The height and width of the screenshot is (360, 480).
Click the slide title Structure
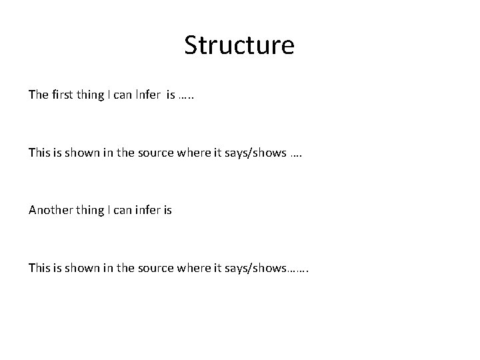tap(239, 45)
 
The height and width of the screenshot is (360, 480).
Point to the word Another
tap(51, 210)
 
